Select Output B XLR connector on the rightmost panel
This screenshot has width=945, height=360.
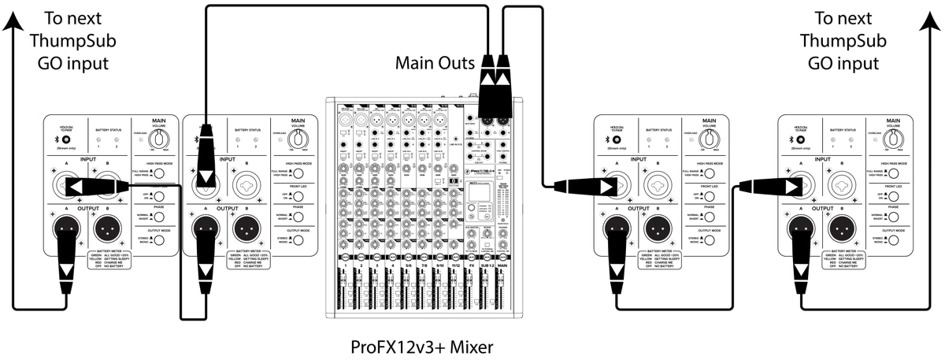847,230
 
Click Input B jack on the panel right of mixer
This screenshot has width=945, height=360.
660,187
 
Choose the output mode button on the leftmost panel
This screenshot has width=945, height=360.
159,239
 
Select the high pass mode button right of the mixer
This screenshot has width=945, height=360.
711,173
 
